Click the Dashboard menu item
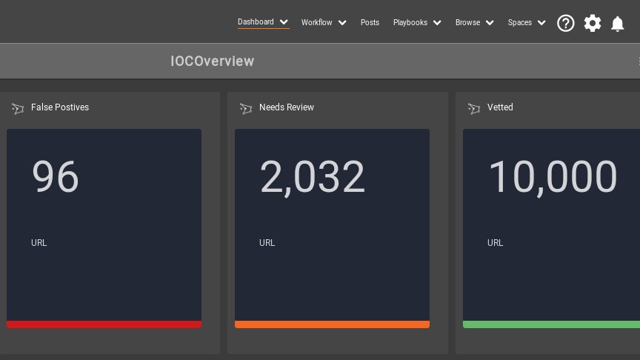tap(256, 22)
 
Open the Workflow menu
tap(317, 23)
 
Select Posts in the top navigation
tap(370, 23)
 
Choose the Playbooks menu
tap(410, 23)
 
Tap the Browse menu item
tap(468, 23)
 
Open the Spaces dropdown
tap(520, 23)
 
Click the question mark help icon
tap(566, 24)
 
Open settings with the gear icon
tap(593, 24)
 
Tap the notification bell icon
tap(618, 24)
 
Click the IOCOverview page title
tap(212, 61)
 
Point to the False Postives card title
tap(60, 107)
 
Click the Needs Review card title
tap(287, 107)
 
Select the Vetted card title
tap(500, 107)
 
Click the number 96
tap(55, 177)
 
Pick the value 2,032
tap(312, 177)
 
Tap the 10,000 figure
tap(552, 177)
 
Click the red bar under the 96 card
tap(104, 324)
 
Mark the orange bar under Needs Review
tap(332, 324)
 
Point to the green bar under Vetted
tap(551, 324)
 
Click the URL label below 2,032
tap(267, 243)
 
